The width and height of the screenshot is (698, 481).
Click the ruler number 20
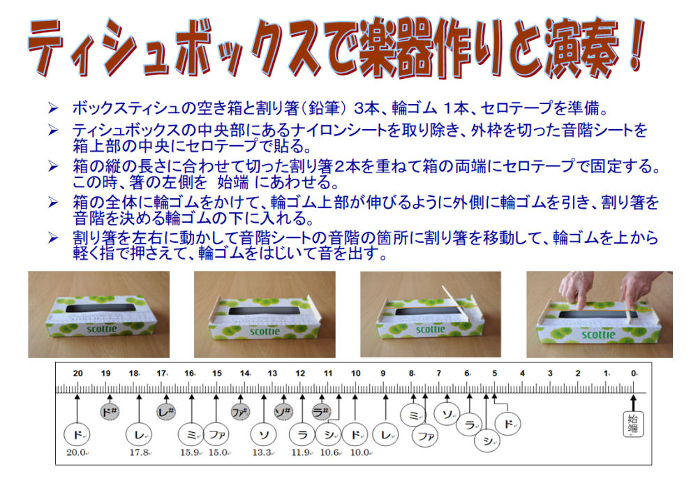coord(78,373)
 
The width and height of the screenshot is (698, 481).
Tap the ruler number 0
coord(634,373)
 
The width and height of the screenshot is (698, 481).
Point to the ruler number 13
coord(272,373)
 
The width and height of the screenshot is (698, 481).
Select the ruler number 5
coord(495,373)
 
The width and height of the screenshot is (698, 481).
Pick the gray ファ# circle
coord(240,413)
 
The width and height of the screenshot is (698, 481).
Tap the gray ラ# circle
coord(321,413)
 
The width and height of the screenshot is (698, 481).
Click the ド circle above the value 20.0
coord(77,435)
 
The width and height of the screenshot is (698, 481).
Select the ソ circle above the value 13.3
coord(264,435)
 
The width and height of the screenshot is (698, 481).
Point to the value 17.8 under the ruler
coord(139,452)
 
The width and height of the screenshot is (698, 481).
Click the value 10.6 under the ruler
coord(329,452)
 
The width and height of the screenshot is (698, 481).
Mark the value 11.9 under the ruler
coord(301,452)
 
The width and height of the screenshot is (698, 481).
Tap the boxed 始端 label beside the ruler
coord(633,424)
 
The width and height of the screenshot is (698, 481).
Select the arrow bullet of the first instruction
coord(53,108)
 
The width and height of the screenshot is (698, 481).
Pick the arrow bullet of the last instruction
coord(53,238)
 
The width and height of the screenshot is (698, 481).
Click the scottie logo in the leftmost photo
coord(101,329)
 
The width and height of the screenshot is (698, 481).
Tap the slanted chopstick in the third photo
coord(455,303)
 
